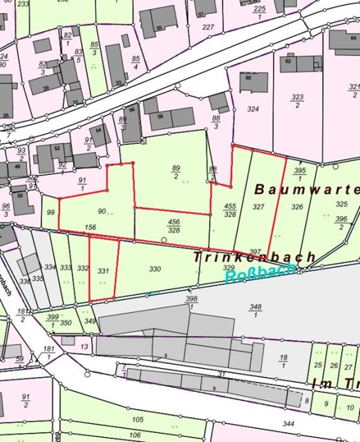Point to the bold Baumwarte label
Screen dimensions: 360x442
tap(307, 189)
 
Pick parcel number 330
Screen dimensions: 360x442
tap(155, 269)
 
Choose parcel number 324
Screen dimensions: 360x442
tap(253, 109)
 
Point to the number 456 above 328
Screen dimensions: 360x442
tap(174, 221)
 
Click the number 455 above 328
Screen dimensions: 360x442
tap(230, 206)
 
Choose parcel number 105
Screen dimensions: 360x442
tap(138, 419)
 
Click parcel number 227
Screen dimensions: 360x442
tap(208, 28)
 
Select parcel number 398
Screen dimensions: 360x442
tap(191, 298)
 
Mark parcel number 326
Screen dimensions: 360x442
tap(297, 206)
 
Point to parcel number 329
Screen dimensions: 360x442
tap(229, 267)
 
